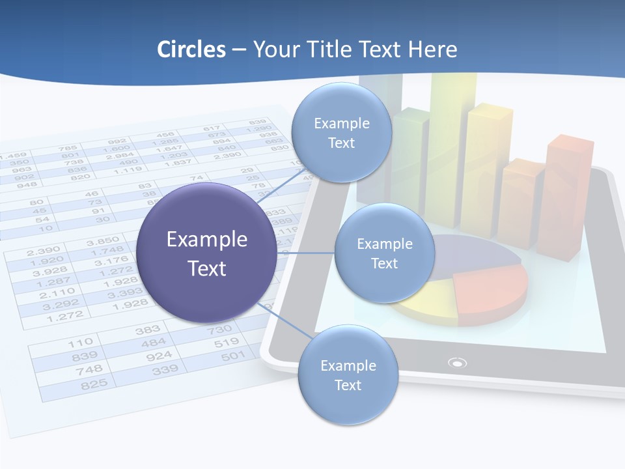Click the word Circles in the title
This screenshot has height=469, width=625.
pos(191,50)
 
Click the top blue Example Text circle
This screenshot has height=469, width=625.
pos(341,133)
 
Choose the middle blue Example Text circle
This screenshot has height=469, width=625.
pos(384,253)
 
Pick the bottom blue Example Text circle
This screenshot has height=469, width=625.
pos(348,375)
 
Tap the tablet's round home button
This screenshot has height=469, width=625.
pos(458,363)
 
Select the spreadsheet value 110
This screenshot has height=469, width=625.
pos(81,342)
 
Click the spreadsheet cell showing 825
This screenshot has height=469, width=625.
pos(94,385)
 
